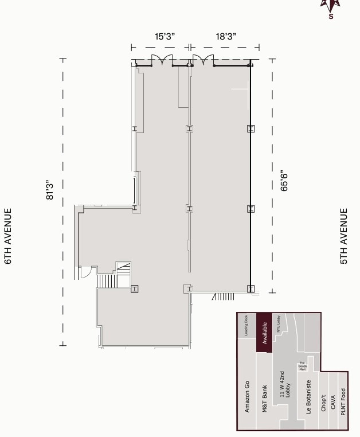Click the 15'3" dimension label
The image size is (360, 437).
165,37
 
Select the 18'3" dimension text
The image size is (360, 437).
226,37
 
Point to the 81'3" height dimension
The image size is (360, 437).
50,190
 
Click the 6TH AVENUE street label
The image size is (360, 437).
9,236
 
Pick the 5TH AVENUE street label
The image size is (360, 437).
344,236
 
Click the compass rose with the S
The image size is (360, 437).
331,8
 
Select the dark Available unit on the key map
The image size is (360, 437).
264,332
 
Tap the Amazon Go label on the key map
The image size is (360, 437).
247,396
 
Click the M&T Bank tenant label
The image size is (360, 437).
264,399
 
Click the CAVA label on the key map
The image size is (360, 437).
333,404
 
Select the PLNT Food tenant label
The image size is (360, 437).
343,401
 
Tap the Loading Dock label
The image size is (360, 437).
246,325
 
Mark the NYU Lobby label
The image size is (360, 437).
279,325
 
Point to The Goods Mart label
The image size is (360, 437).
302,366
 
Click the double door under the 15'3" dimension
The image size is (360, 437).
161,60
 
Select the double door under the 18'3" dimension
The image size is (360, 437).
203,60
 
